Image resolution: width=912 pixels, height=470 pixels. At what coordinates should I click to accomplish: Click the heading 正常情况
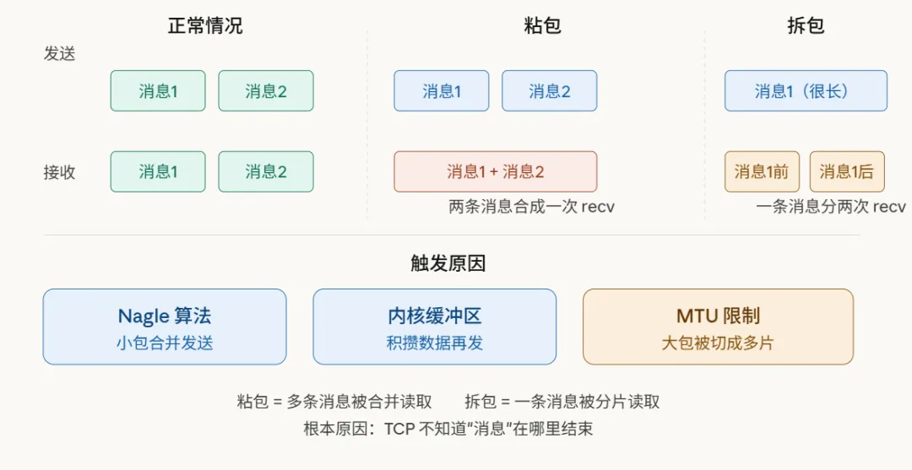click(205, 25)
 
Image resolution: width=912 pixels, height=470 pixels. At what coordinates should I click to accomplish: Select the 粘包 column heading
click(542, 25)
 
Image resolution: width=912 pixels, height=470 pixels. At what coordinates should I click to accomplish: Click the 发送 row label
click(60, 53)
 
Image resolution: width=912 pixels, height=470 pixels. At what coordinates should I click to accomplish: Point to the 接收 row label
click(60, 172)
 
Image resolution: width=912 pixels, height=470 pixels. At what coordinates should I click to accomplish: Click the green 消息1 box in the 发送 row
click(158, 91)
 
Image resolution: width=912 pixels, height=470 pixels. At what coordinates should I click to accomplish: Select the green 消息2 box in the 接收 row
click(266, 172)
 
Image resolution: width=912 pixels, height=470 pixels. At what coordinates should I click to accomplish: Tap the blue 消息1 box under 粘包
click(442, 91)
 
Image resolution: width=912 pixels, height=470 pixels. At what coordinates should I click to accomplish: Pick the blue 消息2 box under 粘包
click(550, 91)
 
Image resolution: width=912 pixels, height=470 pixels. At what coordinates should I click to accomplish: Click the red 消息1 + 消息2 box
click(496, 172)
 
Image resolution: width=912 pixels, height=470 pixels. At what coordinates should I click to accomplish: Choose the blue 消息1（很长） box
click(806, 91)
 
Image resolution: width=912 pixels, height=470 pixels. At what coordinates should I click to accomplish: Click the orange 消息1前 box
click(761, 172)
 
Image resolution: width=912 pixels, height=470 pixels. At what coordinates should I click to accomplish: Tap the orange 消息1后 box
click(846, 172)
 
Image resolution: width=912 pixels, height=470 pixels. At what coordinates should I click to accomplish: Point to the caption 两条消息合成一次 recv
click(531, 207)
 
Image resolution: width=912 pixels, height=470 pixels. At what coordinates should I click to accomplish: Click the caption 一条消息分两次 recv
click(830, 207)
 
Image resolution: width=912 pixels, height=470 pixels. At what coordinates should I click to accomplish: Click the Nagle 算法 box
click(165, 327)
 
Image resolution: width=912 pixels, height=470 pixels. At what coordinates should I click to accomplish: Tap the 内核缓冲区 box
click(435, 327)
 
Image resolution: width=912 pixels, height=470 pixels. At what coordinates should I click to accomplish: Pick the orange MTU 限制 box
click(718, 327)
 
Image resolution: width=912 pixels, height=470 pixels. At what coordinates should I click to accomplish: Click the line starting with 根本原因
click(448, 429)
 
